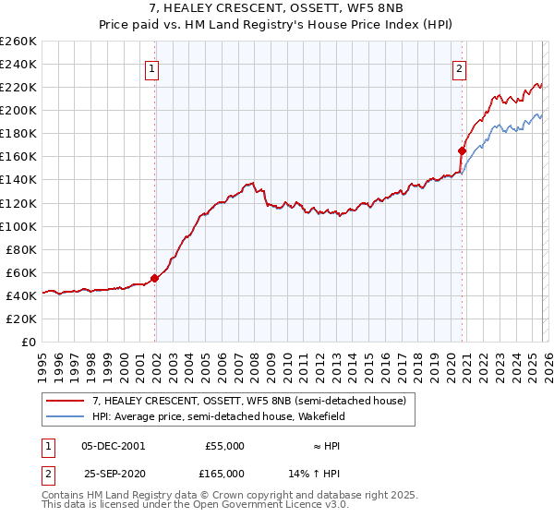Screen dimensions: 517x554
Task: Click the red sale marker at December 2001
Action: (155, 278)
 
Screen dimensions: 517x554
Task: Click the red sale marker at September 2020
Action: (461, 150)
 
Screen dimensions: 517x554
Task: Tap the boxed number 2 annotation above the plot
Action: (459, 66)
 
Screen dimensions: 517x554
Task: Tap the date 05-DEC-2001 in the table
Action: (113, 445)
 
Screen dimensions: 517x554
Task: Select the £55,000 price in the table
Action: (224, 445)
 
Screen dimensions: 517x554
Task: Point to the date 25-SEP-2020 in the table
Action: (113, 473)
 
